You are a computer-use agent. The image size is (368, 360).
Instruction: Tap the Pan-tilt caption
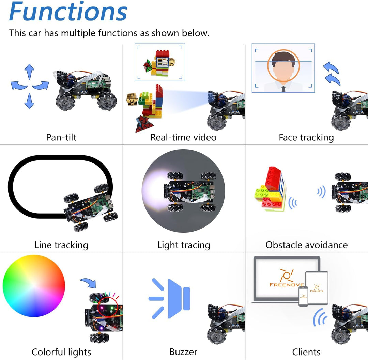tap(61, 137)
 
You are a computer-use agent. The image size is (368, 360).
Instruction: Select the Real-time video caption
tap(183, 137)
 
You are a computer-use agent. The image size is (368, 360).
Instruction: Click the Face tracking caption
tap(306, 137)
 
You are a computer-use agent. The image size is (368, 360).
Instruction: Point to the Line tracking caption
tap(61, 245)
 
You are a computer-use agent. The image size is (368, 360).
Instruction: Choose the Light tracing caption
tap(184, 245)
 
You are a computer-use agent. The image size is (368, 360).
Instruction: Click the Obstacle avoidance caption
tap(306, 245)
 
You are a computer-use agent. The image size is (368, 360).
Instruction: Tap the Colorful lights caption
tap(61, 352)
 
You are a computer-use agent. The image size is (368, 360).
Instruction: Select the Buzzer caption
tap(183, 352)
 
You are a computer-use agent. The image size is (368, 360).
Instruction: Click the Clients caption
tap(306, 352)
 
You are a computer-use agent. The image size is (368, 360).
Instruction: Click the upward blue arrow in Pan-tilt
tap(29, 72)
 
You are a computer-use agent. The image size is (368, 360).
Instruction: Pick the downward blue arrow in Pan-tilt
tap(29, 101)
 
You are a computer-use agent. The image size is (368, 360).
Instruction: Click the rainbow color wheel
tap(34, 286)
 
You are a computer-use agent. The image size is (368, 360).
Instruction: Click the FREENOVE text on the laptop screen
tap(286, 285)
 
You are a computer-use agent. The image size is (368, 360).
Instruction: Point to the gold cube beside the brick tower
tap(132, 99)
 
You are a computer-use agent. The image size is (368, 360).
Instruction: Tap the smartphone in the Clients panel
tap(303, 296)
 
